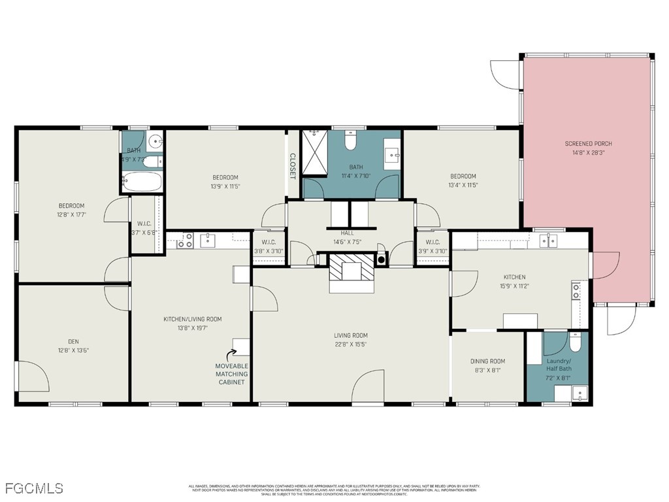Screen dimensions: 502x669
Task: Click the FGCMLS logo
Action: tap(34, 488)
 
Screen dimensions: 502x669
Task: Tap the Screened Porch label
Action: tap(588, 144)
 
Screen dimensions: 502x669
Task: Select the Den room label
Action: tap(73, 341)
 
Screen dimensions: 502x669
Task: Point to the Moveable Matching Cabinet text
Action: tap(231, 373)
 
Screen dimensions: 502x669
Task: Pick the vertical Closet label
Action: tap(293, 166)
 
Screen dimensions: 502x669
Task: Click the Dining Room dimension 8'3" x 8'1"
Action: tap(487, 370)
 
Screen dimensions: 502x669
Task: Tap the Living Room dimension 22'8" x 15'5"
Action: tap(351, 344)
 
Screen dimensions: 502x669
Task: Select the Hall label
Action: tap(347, 233)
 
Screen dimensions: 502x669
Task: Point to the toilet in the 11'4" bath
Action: tap(350, 140)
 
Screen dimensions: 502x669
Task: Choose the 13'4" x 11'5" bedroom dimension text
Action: tap(463, 185)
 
